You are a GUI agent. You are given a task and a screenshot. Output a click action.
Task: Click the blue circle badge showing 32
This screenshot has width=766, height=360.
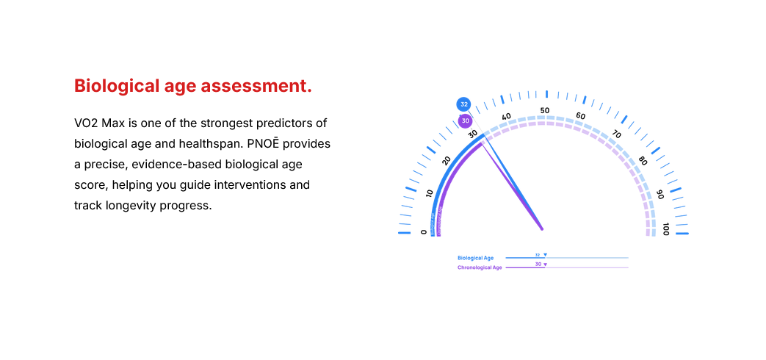pyautogui.click(x=464, y=104)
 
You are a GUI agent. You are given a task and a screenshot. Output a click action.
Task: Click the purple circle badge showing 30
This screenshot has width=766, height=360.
pyautogui.click(x=465, y=120)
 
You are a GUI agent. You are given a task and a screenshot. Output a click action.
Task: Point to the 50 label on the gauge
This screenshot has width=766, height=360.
pyautogui.click(x=545, y=110)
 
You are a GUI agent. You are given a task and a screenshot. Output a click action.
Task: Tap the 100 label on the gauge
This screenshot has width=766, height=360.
pyautogui.click(x=665, y=228)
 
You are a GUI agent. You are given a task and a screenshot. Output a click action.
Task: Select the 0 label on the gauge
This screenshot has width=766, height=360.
pyautogui.click(x=424, y=232)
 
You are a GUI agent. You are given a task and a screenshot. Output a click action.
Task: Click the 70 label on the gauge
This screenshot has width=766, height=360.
pyautogui.click(x=616, y=134)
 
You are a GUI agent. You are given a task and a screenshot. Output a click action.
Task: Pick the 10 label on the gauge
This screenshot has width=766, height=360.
pyautogui.click(x=430, y=192)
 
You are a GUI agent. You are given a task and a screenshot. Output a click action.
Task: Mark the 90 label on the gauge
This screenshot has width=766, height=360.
pyautogui.click(x=660, y=194)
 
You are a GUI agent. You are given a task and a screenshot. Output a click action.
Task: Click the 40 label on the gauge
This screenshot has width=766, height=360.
pyautogui.click(x=506, y=116)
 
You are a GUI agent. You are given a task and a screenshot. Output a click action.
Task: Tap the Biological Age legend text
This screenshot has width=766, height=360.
pyautogui.click(x=475, y=258)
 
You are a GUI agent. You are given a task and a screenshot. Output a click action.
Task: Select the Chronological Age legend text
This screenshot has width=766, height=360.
pyautogui.click(x=480, y=267)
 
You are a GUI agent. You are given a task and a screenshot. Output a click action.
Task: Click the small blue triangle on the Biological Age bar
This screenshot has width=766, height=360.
pyautogui.click(x=545, y=255)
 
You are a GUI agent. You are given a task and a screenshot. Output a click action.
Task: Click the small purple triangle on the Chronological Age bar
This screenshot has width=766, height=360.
pyautogui.click(x=545, y=264)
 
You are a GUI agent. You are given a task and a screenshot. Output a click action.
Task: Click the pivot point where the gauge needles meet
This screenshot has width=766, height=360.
pyautogui.click(x=543, y=229)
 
